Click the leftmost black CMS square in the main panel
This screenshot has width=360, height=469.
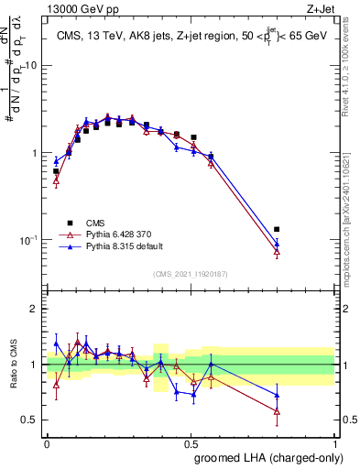point(56,171)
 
